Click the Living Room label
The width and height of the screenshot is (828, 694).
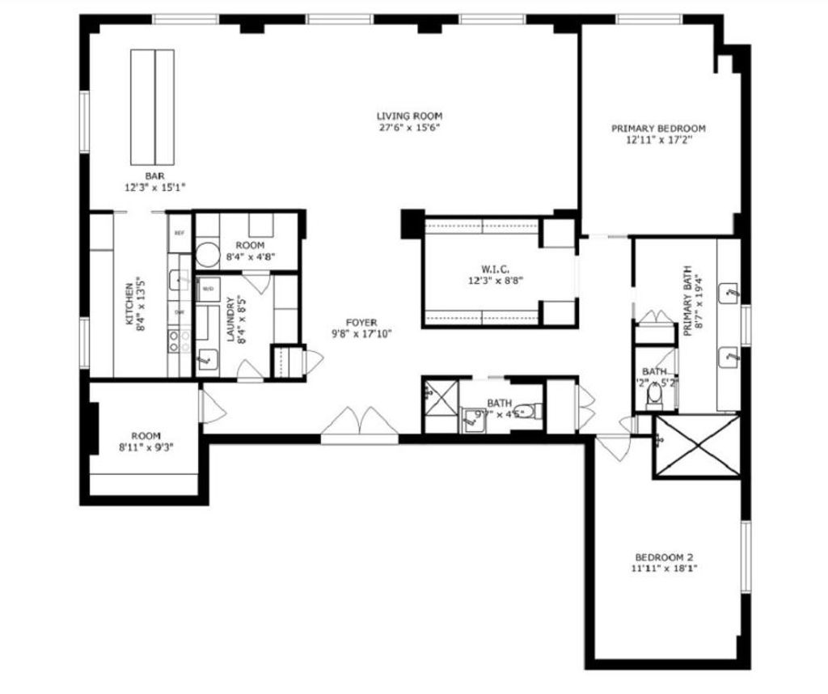(409, 115)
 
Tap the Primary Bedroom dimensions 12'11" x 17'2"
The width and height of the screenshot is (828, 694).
(658, 139)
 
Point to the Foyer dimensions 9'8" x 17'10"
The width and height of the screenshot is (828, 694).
(361, 333)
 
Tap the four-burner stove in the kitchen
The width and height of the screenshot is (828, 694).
(179, 340)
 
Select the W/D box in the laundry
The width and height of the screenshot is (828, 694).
(208, 289)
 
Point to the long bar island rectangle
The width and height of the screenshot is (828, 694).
(153, 105)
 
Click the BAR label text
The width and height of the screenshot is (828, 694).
(155, 176)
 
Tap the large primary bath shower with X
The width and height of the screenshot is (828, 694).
(697, 445)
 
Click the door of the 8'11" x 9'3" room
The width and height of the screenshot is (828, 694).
(213, 404)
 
